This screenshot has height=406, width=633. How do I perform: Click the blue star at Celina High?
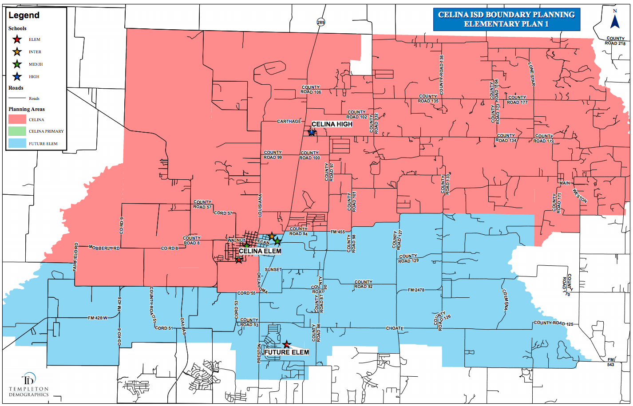tap(312, 132)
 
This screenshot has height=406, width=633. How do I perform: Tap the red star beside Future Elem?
tap(287, 344)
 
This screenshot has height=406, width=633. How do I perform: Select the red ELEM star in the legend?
tap(17, 39)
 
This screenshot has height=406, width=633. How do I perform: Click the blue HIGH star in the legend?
tap(17, 77)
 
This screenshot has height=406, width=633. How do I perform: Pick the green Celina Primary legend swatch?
tap(17, 131)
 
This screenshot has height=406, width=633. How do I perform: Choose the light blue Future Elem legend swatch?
tap(17, 144)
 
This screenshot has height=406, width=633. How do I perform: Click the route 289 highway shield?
tap(321, 22)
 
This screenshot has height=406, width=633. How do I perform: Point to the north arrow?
tap(615, 20)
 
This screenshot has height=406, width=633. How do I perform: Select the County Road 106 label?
tap(311, 90)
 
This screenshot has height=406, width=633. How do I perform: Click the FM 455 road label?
tap(338, 232)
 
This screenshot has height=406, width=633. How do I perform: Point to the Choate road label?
tap(395, 328)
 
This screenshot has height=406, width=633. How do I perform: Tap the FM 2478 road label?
tap(416, 290)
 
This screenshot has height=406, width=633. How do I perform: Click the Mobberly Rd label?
tap(104, 248)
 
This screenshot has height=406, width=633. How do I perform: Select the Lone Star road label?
tap(531, 74)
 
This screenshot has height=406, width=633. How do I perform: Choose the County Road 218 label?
tap(615, 41)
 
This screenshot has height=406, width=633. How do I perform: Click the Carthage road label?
tap(289, 121)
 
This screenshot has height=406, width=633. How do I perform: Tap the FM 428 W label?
tap(98, 318)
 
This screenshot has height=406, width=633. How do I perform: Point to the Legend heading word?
tap(24, 16)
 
